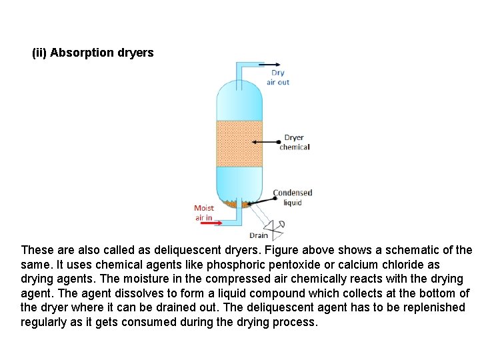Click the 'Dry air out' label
tap(278, 77)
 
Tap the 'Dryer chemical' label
tap(294, 143)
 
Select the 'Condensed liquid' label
tap(293, 197)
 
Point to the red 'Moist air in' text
tap(204, 213)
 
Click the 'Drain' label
tap(258, 235)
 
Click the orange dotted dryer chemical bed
tap(241, 143)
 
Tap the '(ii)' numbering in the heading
tap(39, 53)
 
